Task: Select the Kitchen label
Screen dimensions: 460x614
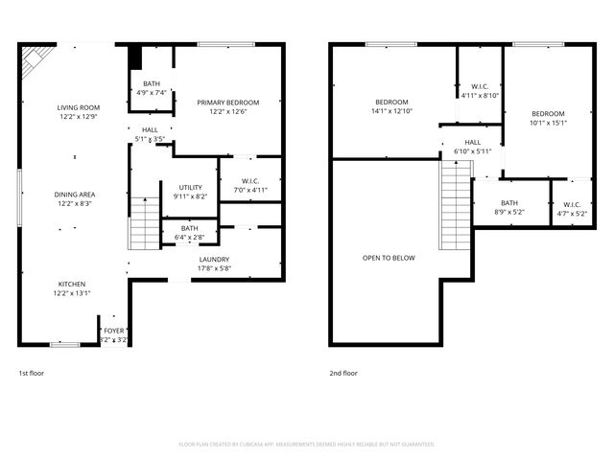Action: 73,284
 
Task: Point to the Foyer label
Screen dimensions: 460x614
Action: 113,331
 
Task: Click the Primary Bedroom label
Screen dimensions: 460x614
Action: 228,103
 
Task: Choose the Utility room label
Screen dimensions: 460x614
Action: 190,187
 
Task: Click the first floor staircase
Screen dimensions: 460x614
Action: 143,222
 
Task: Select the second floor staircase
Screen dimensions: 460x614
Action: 457,206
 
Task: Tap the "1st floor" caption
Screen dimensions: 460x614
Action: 32,373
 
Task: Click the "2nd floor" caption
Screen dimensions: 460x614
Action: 343,373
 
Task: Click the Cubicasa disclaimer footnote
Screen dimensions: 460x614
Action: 307,445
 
